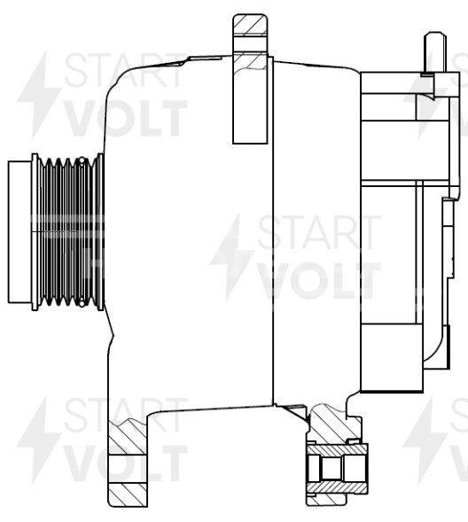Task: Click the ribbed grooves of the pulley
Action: click(x=69, y=232)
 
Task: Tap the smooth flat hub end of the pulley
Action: click(x=19, y=232)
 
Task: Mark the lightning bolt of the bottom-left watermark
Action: click(x=37, y=439)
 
